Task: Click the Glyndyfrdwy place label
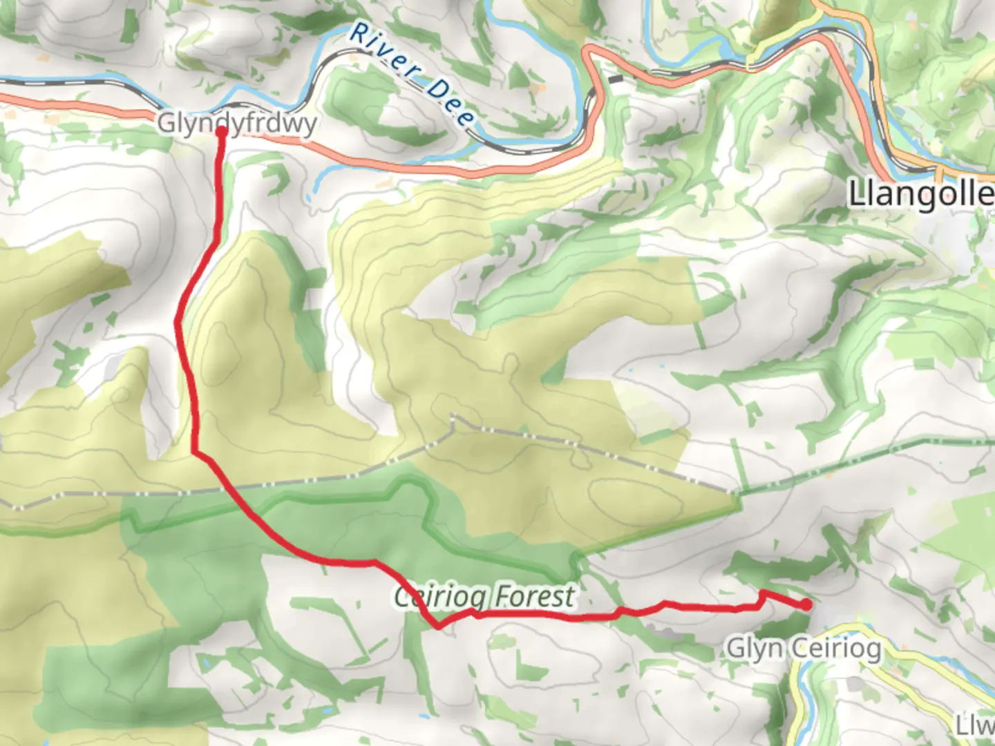tap(237, 124)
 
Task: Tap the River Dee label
tap(412, 73)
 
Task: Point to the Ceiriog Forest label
tap(484, 596)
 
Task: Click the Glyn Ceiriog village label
tap(804, 649)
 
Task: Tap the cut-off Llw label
tap(975, 725)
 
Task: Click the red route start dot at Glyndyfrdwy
tap(222, 131)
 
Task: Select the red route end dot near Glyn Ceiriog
tap(806, 605)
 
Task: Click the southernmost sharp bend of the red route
tap(438, 627)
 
